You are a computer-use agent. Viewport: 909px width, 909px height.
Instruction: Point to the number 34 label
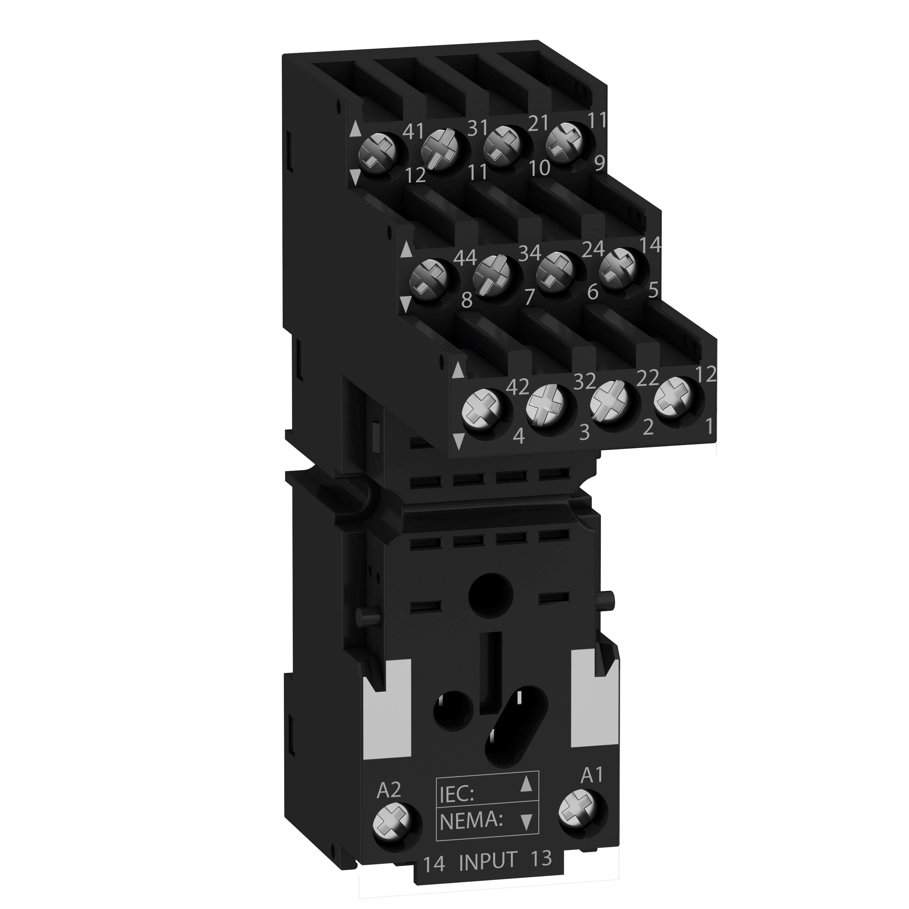529,253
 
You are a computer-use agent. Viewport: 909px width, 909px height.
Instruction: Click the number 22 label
647,378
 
